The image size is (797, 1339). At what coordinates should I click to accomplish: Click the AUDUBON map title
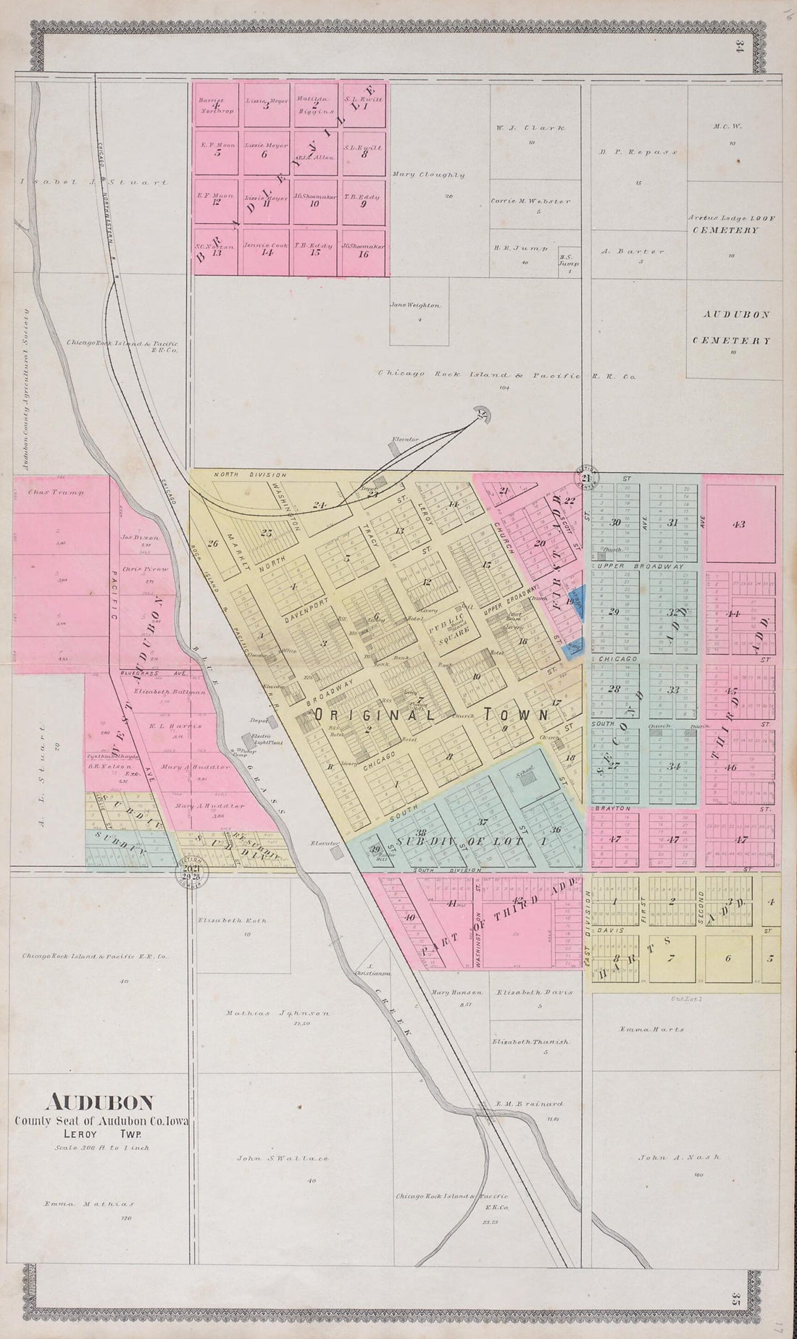(x=100, y=1103)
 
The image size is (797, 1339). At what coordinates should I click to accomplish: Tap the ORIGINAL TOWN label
(x=431, y=714)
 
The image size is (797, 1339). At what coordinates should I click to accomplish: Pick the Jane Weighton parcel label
(x=414, y=306)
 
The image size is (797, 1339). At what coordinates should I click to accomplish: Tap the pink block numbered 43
(x=739, y=524)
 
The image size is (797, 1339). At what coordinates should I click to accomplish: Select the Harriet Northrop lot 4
(x=216, y=104)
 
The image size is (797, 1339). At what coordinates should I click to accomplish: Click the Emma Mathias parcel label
(x=89, y=1205)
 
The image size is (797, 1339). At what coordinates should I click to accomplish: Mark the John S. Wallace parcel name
(x=283, y=1159)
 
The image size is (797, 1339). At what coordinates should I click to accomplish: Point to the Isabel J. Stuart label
(x=94, y=182)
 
